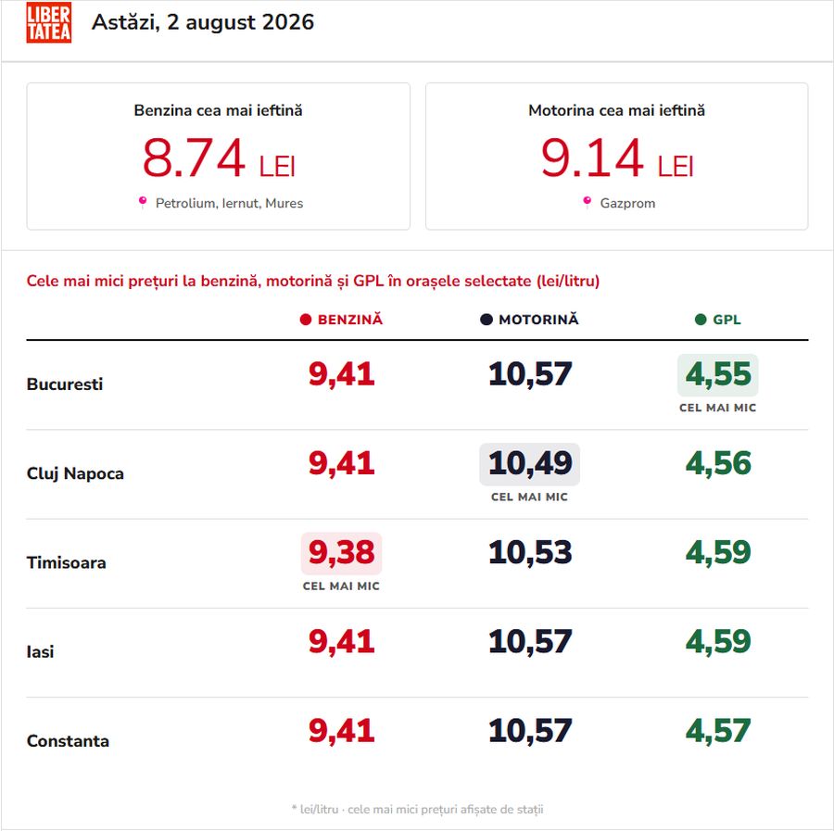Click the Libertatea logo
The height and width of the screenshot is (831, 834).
48,22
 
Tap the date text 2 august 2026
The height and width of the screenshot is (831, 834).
240,22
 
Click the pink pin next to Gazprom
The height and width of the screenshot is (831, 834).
588,202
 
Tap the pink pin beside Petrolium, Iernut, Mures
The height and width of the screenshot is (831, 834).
143,202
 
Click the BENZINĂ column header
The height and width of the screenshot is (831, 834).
341,320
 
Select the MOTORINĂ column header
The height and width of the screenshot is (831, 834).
529,320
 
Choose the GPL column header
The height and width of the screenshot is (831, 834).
718,320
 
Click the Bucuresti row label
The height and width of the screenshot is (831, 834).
64,384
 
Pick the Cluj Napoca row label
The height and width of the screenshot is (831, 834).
75,473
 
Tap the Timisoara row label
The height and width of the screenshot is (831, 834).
67,562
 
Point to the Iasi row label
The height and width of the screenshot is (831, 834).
41,652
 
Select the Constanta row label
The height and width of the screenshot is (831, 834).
68,740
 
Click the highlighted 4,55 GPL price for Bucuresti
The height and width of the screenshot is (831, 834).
718,375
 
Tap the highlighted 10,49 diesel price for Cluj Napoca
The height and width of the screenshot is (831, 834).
530,464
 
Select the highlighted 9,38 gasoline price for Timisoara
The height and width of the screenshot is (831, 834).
341,553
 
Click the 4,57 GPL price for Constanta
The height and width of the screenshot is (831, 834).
718,731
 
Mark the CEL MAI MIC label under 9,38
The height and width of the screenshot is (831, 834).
341,585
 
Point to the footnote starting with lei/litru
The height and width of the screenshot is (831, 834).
418,809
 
